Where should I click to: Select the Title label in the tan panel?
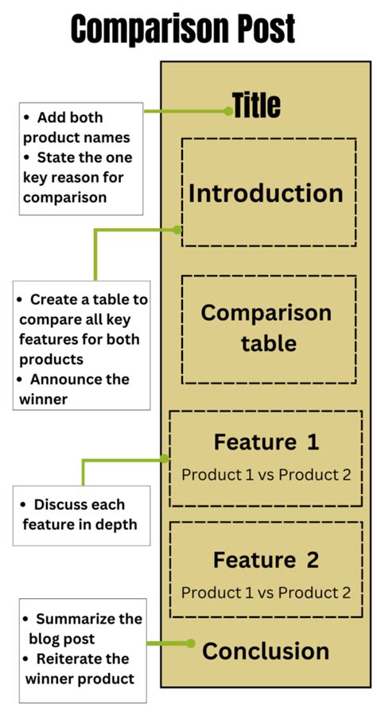[256, 106]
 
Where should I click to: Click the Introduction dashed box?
[268, 193]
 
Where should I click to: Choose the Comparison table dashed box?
[268, 328]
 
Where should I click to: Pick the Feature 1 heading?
[266, 442]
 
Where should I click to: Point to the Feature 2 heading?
[266, 560]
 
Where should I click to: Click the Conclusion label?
[266, 651]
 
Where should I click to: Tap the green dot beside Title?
[229, 111]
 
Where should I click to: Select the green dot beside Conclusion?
[190, 643]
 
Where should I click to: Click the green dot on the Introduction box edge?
[178, 230]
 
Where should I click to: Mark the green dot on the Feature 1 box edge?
[165, 458]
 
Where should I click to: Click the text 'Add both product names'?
[76, 127]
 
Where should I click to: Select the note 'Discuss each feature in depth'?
[80, 515]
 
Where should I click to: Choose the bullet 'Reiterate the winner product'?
[80, 668]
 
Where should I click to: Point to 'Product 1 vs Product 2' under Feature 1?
[266, 475]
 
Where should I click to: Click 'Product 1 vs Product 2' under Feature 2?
[266, 593]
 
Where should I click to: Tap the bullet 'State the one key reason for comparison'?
[78, 176]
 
